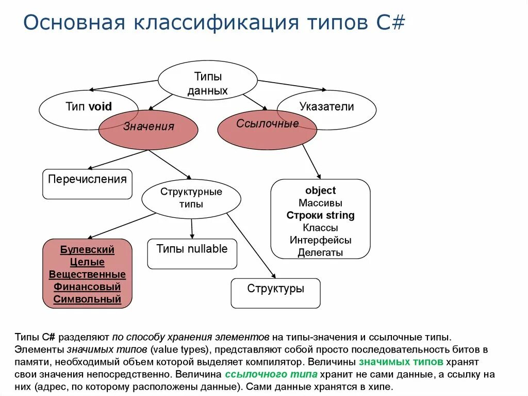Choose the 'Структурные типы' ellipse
(x=191, y=198)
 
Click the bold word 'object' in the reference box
(x=320, y=191)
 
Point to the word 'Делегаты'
(x=320, y=252)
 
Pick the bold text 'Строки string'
(x=320, y=215)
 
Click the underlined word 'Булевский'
(x=87, y=250)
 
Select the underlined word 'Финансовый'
(x=87, y=287)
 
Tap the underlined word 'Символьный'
(x=87, y=299)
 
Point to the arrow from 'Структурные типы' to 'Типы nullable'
(x=192, y=229)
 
